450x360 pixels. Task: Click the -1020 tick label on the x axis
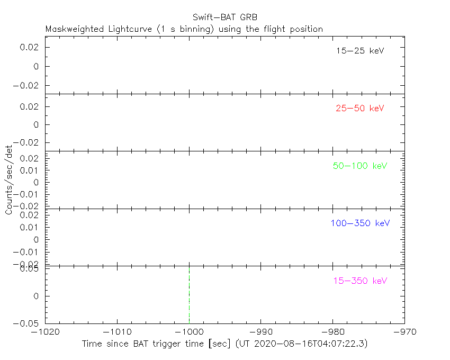[45, 332]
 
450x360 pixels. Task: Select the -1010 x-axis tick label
[117, 332]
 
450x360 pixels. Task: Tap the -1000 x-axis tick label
[189, 332]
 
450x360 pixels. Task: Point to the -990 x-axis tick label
[261, 332]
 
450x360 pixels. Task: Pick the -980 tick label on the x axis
[332, 332]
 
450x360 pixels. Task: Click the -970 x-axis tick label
[404, 332]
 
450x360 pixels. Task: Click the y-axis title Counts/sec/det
[9, 180]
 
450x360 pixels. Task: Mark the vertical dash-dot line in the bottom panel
[189, 294]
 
